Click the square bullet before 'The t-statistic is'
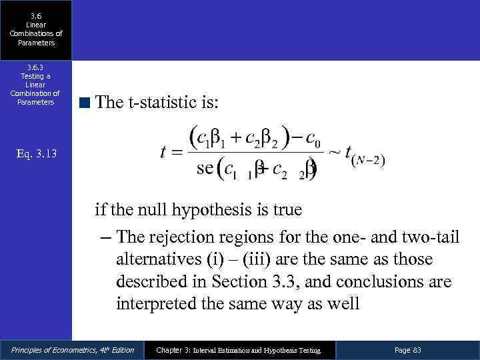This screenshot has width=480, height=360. (83, 102)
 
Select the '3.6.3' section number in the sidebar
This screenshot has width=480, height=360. (35, 67)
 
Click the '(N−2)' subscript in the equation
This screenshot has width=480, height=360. (370, 160)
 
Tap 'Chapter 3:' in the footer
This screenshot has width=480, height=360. (172, 350)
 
